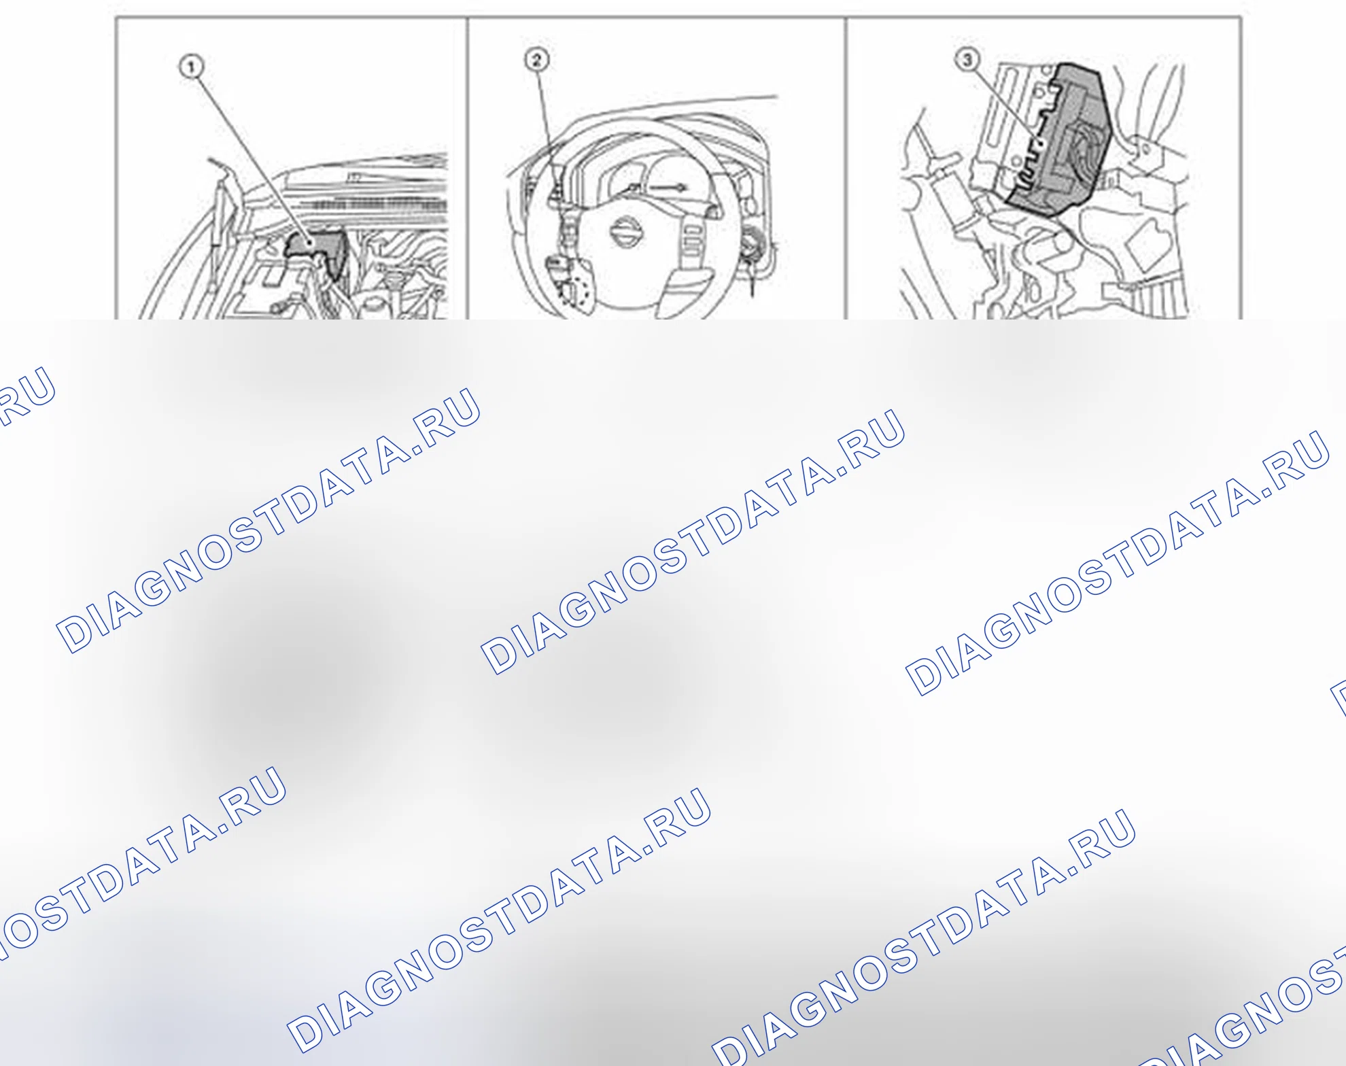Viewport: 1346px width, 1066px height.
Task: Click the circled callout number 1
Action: point(192,67)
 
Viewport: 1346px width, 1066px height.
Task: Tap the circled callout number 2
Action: point(536,60)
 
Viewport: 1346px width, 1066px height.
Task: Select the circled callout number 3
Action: point(967,60)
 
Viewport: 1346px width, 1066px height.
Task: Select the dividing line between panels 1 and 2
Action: point(468,168)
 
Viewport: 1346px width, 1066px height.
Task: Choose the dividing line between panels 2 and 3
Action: point(846,168)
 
